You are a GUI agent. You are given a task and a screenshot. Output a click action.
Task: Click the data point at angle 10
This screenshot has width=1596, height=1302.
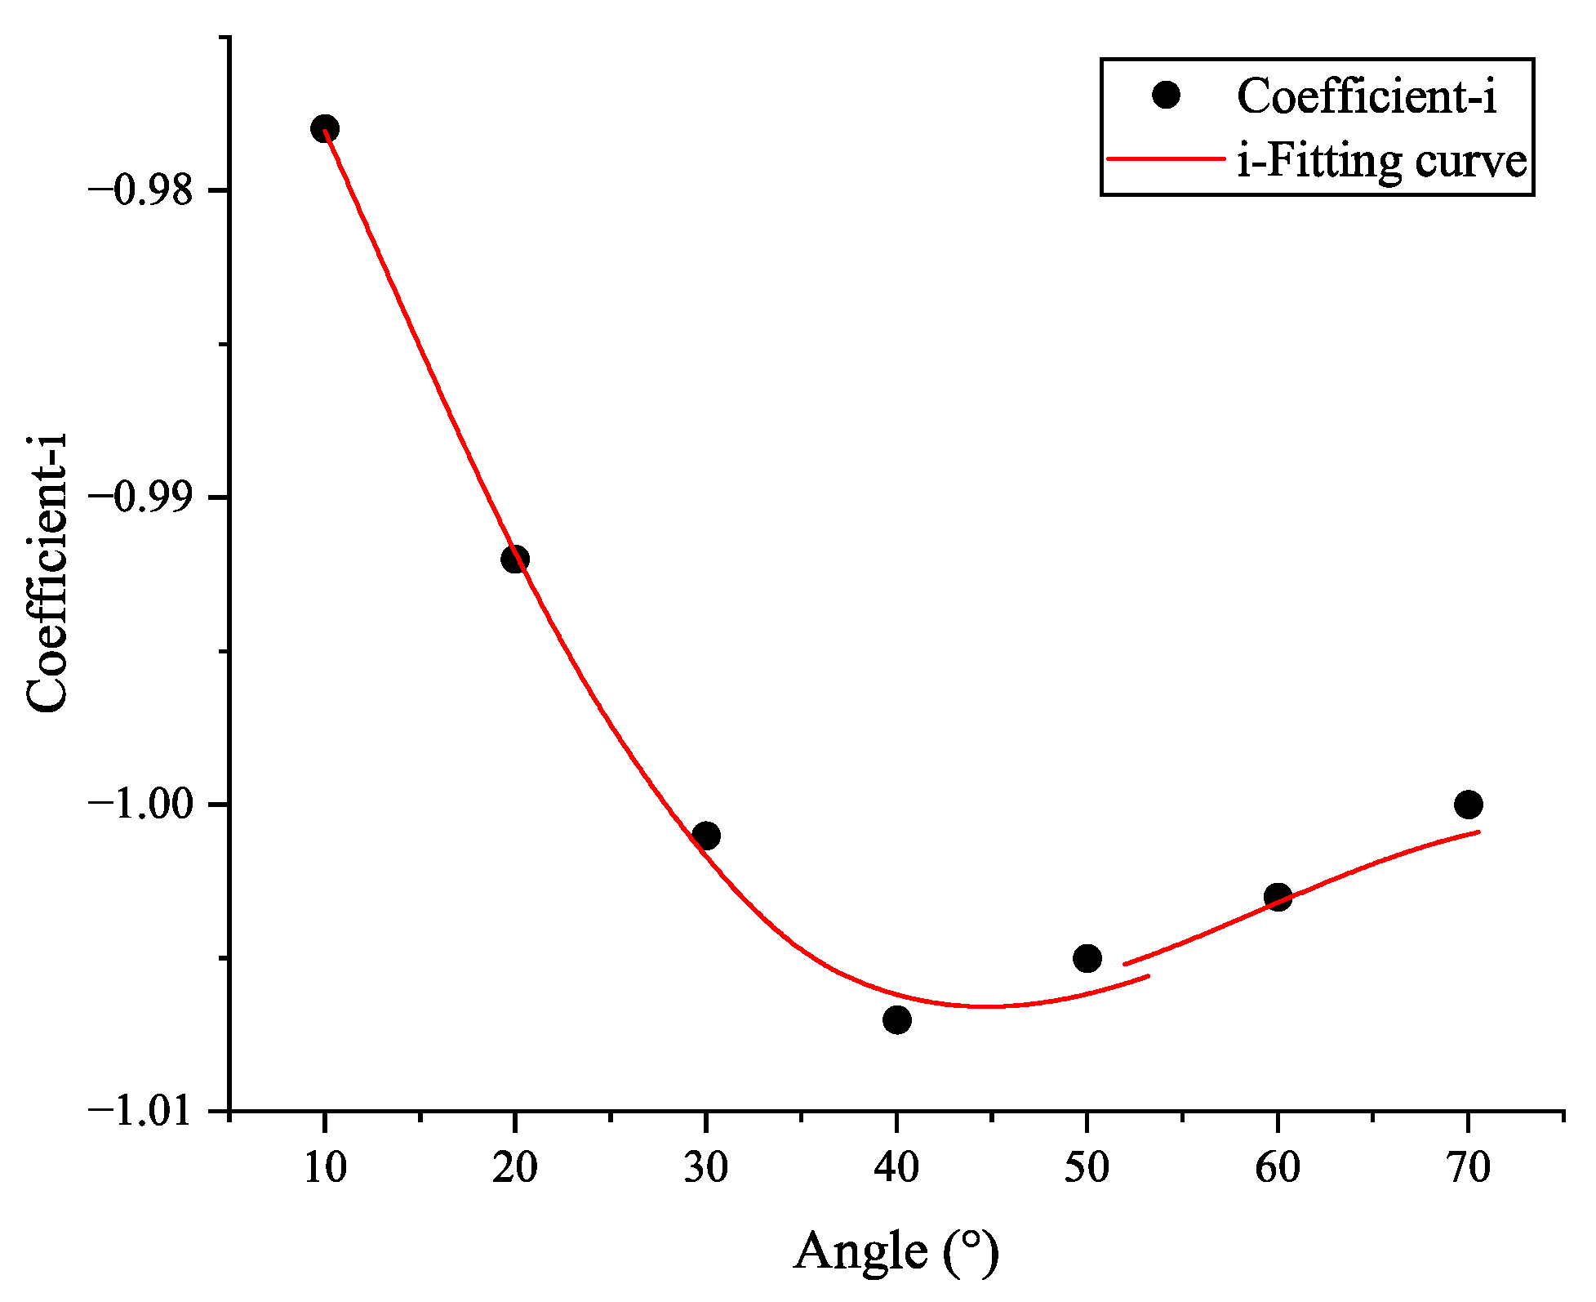[x=324, y=129]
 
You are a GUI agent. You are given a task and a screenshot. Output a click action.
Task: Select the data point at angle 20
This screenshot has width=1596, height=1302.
[x=514, y=560]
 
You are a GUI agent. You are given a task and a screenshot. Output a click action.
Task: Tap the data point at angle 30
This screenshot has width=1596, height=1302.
[x=705, y=836]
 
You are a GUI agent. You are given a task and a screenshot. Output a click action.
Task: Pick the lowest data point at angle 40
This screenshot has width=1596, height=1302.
[x=896, y=1019]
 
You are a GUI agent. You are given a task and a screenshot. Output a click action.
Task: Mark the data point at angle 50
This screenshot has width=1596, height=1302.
[x=1087, y=958]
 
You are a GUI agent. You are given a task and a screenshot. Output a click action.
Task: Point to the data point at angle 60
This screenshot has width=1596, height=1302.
[x=1278, y=897]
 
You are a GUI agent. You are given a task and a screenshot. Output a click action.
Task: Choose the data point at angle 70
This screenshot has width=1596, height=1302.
[x=1468, y=805]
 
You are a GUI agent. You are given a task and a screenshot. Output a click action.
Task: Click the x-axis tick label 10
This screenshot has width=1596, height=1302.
[x=325, y=1168]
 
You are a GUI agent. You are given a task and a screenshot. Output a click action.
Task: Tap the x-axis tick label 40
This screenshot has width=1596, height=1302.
[x=896, y=1168]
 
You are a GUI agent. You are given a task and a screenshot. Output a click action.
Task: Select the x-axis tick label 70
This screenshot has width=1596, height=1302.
[x=1468, y=1168]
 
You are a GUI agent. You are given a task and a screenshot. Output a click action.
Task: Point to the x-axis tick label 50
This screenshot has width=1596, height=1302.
[x=1087, y=1168]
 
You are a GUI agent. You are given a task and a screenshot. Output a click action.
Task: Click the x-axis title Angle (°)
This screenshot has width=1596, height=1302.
[x=896, y=1251]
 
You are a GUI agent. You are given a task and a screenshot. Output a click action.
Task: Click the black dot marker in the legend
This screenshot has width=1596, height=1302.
[x=1166, y=95]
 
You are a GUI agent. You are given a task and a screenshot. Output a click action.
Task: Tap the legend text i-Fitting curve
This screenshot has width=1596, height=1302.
[x=1381, y=160]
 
